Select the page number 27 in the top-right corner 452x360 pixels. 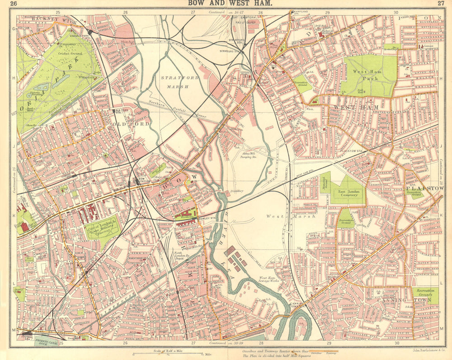tap(441, 4)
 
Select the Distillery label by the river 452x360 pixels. tap(236, 191)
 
